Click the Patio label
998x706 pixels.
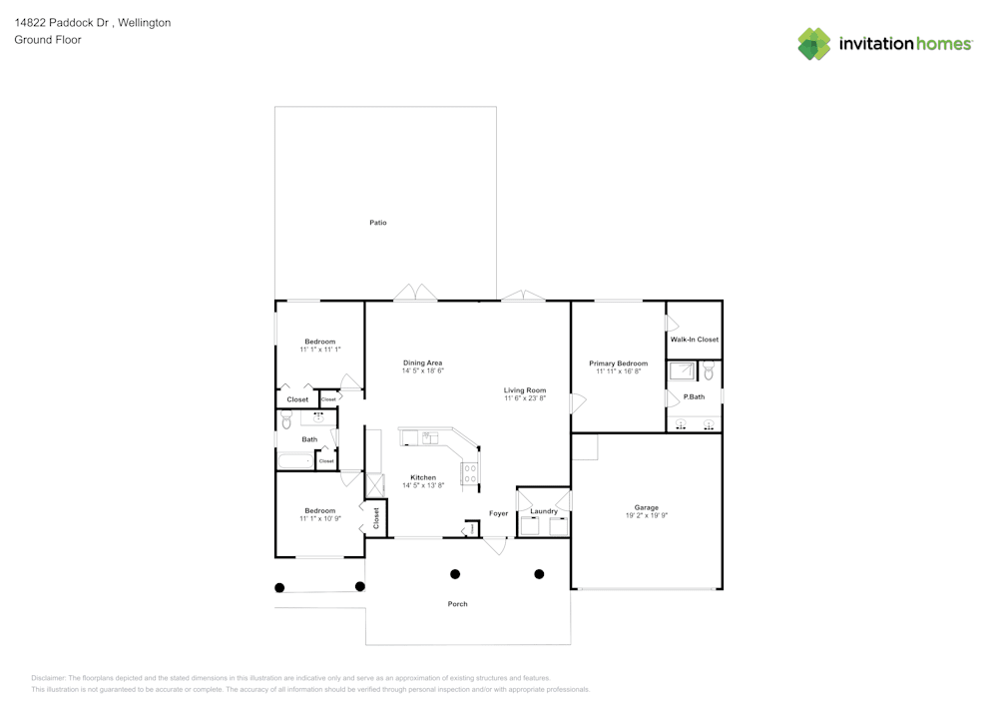(378, 223)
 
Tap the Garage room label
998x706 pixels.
(646, 507)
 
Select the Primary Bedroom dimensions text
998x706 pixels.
(618, 371)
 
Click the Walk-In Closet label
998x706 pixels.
(694, 340)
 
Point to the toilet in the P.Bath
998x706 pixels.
(709, 371)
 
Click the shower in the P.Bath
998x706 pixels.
(683, 371)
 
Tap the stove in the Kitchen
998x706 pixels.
(469, 474)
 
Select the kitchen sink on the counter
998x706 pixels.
(429, 437)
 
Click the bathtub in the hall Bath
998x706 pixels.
(294, 461)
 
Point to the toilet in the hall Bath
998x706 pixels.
(286, 420)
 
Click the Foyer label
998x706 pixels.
(498, 513)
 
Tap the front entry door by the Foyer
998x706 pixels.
(495, 545)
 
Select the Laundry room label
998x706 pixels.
(544, 511)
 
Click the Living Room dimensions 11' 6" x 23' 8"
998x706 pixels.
(524, 398)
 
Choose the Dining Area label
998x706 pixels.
(422, 362)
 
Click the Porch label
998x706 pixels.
(457, 604)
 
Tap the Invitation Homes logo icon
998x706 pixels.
(814, 44)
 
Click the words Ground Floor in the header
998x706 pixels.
(48, 40)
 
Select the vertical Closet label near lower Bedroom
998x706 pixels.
(376, 517)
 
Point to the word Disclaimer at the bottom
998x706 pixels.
(49, 677)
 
